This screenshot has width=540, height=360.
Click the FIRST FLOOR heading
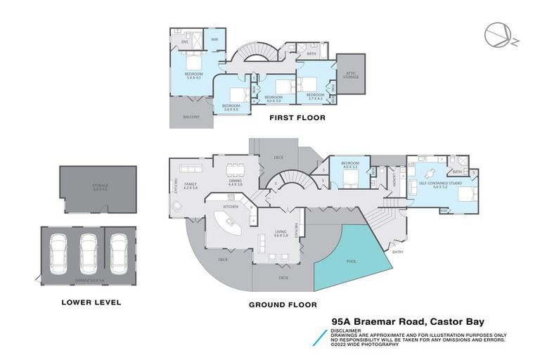[x=297, y=118]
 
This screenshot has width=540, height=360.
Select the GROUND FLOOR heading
[x=283, y=305]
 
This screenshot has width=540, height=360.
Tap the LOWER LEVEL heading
[x=91, y=302]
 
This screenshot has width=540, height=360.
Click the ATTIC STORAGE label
[x=350, y=73]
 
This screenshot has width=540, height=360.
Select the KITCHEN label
[x=231, y=207]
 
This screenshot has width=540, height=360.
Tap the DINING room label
[x=235, y=181]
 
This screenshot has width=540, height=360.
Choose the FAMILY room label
[x=190, y=184]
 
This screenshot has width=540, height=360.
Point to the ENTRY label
[x=398, y=252]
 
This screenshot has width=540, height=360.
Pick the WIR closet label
[x=215, y=40]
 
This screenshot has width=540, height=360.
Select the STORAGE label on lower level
[x=100, y=186]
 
